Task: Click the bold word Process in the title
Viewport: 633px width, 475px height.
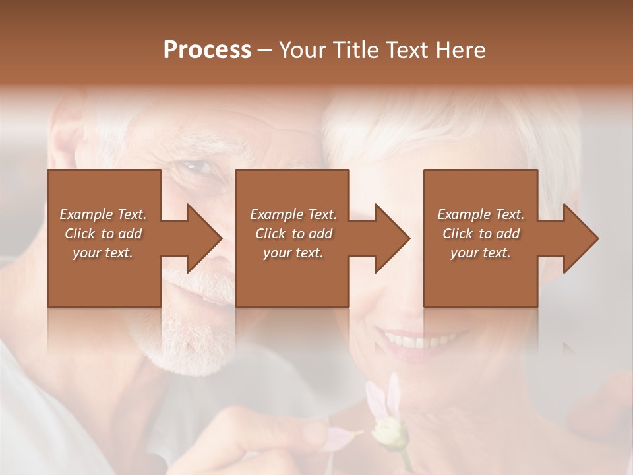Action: [x=207, y=50]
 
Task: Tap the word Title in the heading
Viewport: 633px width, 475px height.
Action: [x=355, y=50]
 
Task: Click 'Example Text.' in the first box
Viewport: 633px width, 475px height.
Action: [x=104, y=214]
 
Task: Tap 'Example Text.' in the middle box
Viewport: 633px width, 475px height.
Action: [x=293, y=214]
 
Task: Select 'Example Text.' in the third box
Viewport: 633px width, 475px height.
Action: [x=481, y=214]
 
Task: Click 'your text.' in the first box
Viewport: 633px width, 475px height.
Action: [x=104, y=253]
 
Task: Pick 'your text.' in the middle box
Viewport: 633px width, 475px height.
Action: [x=293, y=253]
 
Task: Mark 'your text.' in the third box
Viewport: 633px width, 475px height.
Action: [x=481, y=253]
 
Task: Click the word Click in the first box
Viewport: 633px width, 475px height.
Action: [x=80, y=234]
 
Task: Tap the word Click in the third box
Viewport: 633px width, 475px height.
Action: [x=458, y=234]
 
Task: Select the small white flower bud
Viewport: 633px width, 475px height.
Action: [x=388, y=432]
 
